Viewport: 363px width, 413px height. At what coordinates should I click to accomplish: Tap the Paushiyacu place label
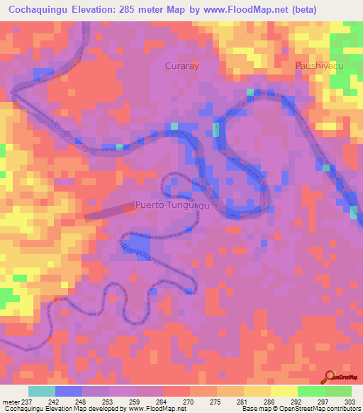coord(319,65)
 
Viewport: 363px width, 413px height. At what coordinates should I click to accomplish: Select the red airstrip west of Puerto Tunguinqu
coord(111,211)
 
